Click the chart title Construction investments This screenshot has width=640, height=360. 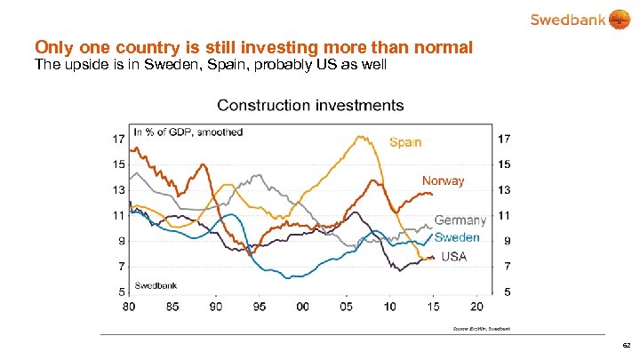coord(310,105)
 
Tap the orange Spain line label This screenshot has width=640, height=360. coord(404,141)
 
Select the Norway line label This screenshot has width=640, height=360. coord(443,180)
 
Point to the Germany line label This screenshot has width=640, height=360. coord(460,220)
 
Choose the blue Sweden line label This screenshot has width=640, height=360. coord(457,237)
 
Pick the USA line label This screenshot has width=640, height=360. coord(453,257)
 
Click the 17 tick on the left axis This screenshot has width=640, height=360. coord(117,139)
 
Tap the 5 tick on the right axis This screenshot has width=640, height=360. coord(507,291)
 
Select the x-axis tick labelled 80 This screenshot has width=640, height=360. coord(130,306)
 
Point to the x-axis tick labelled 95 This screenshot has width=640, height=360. coord(259,306)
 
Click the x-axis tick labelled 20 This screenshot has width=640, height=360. coord(476,306)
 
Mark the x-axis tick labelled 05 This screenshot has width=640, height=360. coord(346,306)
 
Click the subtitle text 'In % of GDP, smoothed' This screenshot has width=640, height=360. coord(188,132)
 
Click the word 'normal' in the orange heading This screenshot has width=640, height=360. coord(442,45)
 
